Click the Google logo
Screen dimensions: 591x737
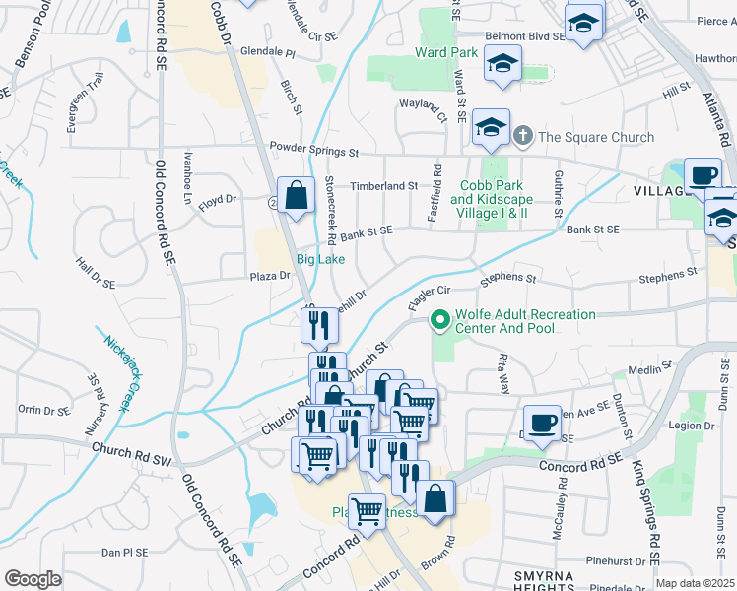pos(33,579)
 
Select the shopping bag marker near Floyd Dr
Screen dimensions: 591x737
pos(296,196)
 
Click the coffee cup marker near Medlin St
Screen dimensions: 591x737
pos(541,423)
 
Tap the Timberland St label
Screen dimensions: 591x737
pos(385,185)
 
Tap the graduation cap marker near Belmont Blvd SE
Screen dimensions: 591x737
pos(583,24)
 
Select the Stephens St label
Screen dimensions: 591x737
pos(507,280)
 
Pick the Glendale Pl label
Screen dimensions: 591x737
pos(268,50)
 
